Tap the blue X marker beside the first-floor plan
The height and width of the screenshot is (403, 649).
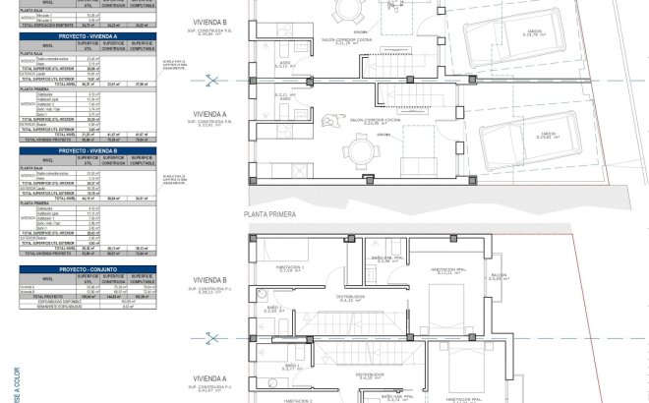209,340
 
